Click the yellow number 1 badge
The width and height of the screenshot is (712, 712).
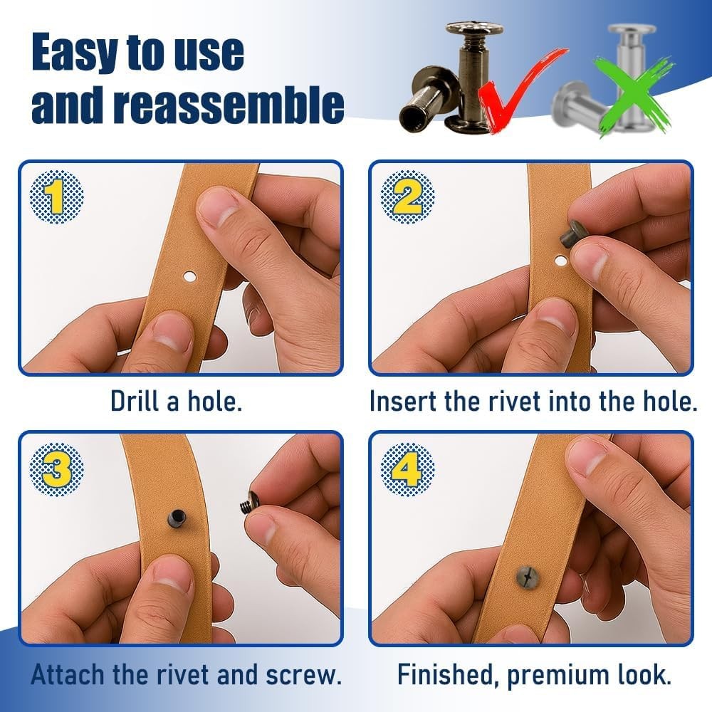(x=56, y=197)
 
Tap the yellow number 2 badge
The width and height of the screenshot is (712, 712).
(x=407, y=197)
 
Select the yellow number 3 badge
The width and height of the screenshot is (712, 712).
(x=56, y=469)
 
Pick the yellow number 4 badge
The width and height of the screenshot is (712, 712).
(x=407, y=469)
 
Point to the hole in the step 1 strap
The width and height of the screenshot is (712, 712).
(x=189, y=276)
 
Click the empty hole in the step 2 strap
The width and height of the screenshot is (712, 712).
(x=561, y=261)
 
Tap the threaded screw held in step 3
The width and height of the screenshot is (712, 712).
(x=249, y=502)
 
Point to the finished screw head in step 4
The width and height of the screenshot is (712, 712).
(x=527, y=577)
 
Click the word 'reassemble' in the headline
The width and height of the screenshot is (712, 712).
(x=228, y=105)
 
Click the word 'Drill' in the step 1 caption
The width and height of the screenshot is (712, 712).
(x=135, y=401)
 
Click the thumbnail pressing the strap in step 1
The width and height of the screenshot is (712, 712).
(x=218, y=206)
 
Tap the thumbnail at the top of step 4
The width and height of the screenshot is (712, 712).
(x=588, y=457)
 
